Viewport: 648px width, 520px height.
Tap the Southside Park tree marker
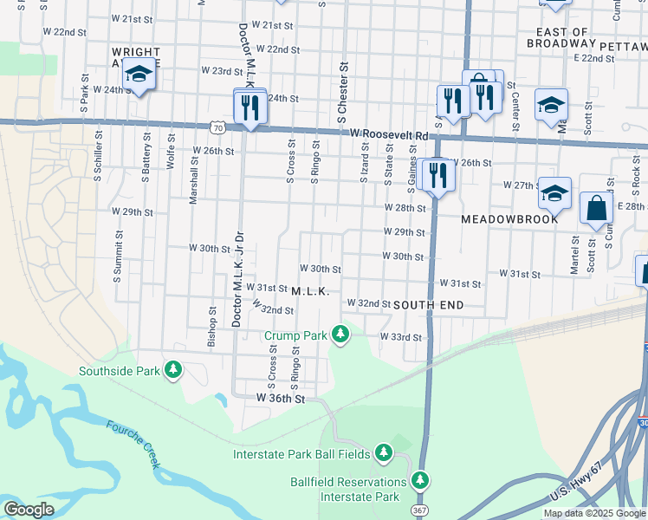point(174,371)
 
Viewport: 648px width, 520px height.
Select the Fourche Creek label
point(133,443)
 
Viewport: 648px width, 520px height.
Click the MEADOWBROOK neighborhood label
point(508,220)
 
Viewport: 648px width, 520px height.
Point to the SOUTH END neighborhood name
point(429,305)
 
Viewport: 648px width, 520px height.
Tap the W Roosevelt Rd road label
point(390,135)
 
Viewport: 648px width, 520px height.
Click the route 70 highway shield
point(217,127)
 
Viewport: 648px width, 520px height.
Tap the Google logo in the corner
point(29,510)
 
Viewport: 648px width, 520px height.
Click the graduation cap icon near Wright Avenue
point(138,75)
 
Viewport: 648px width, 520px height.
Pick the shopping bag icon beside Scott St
point(596,209)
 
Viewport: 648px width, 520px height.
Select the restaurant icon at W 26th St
point(437,177)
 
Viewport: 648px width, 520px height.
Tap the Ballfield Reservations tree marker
point(420,480)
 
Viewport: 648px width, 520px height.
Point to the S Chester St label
point(342,91)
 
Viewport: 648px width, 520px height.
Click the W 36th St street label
point(282,399)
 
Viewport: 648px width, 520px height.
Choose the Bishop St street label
point(211,326)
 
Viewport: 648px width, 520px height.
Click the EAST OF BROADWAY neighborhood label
point(561,36)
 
